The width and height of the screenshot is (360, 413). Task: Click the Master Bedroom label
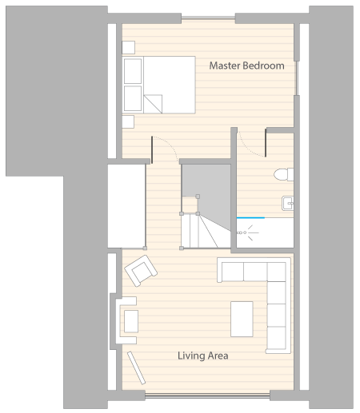click(x=246, y=66)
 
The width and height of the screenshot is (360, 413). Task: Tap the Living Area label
click(x=203, y=355)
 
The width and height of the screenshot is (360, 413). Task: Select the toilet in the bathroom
click(x=284, y=175)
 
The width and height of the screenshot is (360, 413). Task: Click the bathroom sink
click(x=288, y=203)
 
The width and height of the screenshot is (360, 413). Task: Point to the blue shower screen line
click(x=250, y=218)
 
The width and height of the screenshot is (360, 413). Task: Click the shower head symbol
click(x=247, y=232)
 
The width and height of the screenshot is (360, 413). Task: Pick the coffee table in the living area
click(x=242, y=319)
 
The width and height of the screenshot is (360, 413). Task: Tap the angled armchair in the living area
click(x=141, y=271)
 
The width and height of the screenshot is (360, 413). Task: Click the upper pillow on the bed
click(x=133, y=71)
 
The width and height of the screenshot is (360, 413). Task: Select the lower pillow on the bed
click(x=133, y=98)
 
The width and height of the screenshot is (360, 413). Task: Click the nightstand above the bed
click(x=128, y=48)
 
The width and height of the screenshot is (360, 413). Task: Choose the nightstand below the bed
click(x=128, y=121)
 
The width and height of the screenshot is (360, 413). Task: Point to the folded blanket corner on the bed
click(x=153, y=104)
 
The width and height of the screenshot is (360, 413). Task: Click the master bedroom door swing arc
click(x=170, y=144)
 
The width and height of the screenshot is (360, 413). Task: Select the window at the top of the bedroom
click(x=208, y=18)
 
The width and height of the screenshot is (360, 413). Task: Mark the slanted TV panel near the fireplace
click(x=136, y=368)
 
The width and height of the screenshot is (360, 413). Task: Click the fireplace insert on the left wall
click(x=131, y=321)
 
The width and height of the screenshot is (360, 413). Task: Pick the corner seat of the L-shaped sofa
click(x=276, y=272)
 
